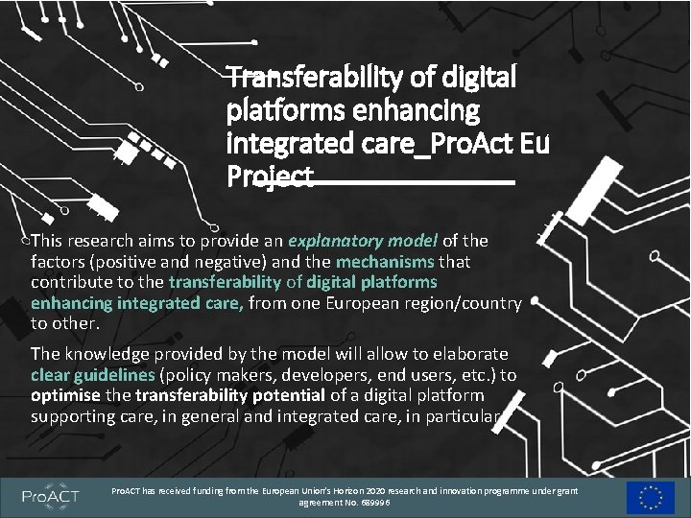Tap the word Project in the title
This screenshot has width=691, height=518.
click(x=270, y=178)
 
